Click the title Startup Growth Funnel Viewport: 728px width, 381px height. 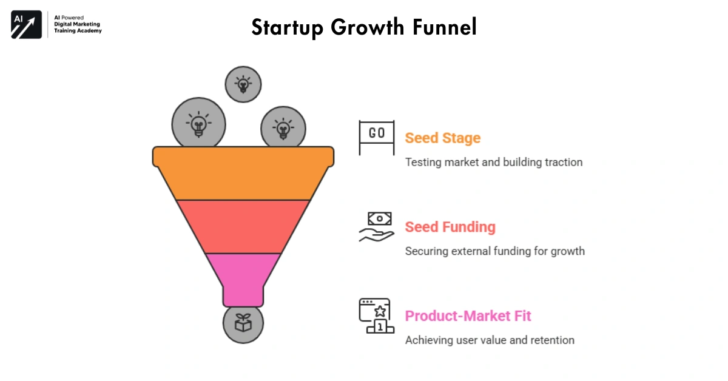point(364,27)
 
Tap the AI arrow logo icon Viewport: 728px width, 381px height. point(26,25)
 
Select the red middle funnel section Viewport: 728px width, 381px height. point(243,226)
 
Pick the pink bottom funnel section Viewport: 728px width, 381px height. point(243,273)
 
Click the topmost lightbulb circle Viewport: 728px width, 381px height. point(243,84)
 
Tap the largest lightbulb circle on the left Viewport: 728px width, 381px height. point(198,124)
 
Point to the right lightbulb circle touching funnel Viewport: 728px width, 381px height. point(283,128)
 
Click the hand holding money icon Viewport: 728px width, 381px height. point(376,227)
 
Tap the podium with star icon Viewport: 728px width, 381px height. point(376,315)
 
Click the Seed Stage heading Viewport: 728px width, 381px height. point(442,138)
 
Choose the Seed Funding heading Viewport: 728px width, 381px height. point(450,228)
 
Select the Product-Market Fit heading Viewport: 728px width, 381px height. point(468,316)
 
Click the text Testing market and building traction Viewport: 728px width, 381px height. point(493,162)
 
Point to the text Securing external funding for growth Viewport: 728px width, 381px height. point(494,251)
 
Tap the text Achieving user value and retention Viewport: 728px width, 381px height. point(489,340)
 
